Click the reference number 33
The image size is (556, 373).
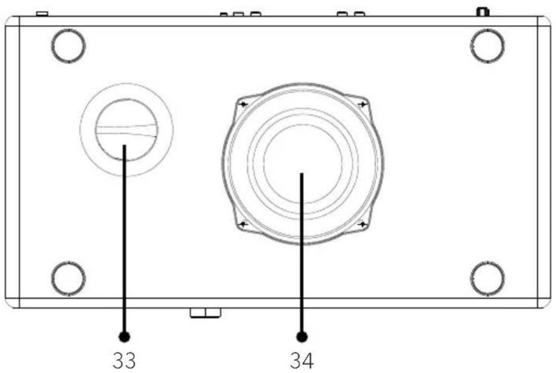point(124,360)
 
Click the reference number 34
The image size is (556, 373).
point(302,360)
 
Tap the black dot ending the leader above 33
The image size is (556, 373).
point(124,337)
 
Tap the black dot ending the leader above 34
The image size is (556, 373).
point(302,337)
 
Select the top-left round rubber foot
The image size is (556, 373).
point(68,46)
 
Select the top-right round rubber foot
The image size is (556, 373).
point(488,46)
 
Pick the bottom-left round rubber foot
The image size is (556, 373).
point(68,279)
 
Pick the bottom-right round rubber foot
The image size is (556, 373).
point(488,279)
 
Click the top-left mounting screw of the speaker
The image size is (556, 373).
point(244,104)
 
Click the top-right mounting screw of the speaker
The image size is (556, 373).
point(362,104)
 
